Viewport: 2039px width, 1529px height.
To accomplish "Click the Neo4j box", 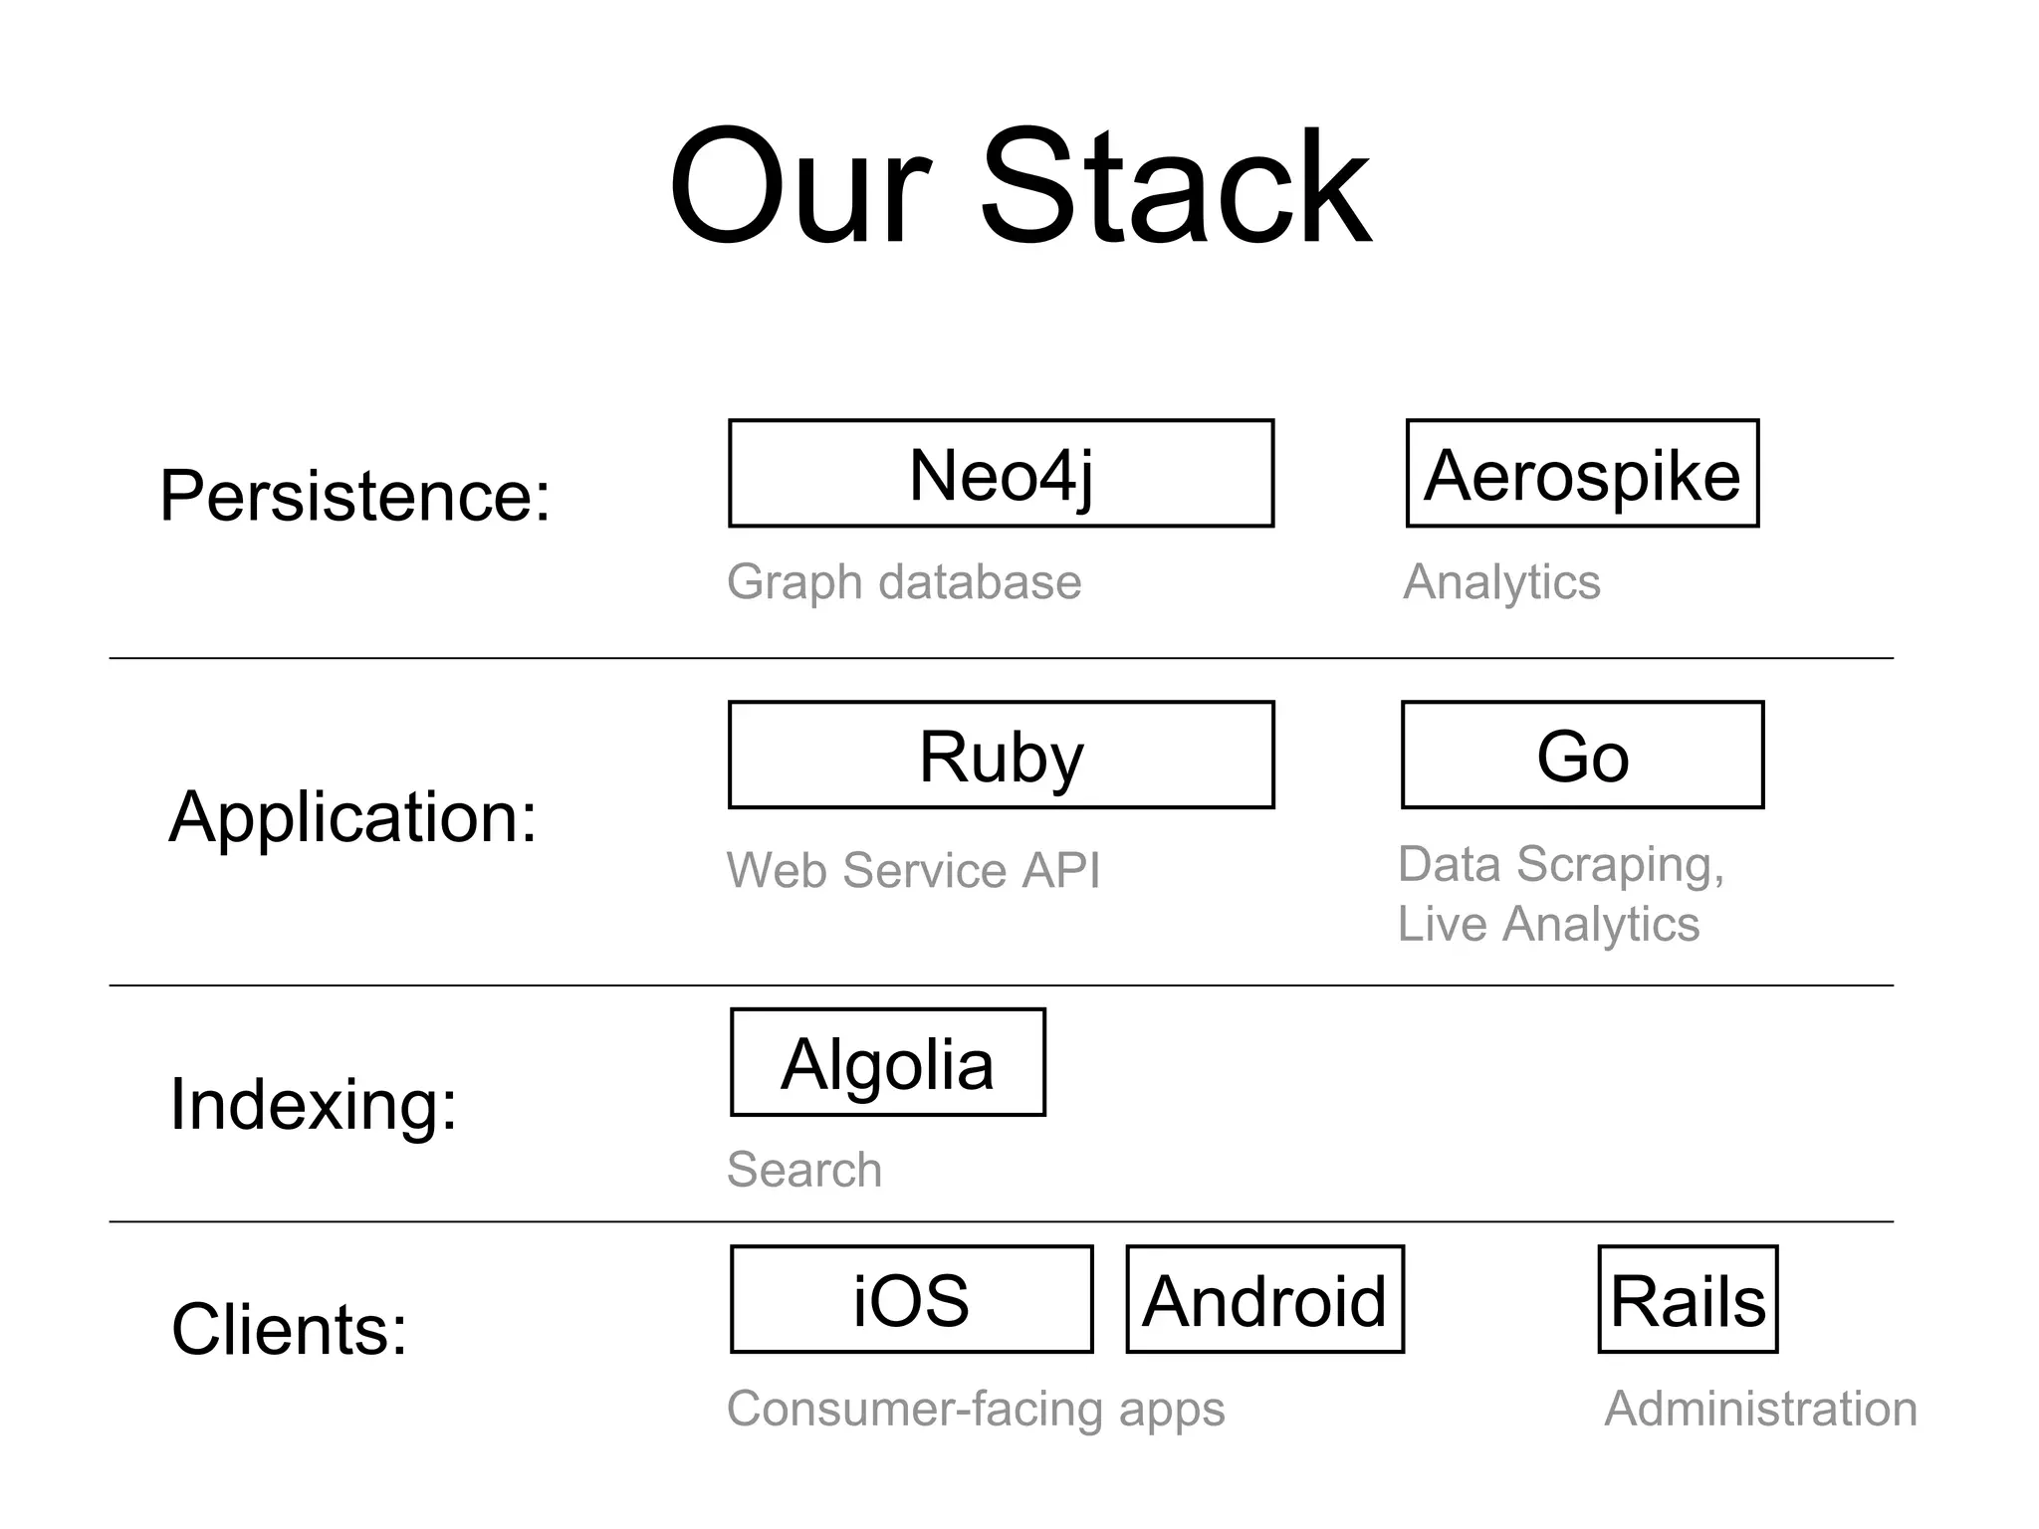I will coord(1001,474).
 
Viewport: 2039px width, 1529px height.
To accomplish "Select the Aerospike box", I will coord(1582,474).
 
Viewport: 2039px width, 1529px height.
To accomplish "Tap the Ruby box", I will coord(1001,756).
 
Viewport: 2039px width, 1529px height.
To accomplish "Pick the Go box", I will coord(1582,756).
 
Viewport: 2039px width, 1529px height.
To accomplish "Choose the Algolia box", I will coord(887,1063).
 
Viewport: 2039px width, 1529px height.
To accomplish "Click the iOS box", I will coord(911,1300).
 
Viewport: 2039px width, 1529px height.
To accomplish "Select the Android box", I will coord(1264,1300).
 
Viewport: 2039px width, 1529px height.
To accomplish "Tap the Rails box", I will coord(1688,1300).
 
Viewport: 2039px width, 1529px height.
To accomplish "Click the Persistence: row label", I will coord(355,495).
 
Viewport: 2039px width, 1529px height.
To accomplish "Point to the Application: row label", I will coord(353,816).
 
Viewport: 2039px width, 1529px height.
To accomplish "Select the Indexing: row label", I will coord(314,1104).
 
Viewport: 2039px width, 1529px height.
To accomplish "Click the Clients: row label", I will coord(290,1329).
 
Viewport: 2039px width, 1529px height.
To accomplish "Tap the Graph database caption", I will coord(904,581).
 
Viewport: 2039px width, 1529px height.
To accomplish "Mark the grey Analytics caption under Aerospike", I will coord(1501,581).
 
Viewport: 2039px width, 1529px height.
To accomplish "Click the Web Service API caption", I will coord(913,870).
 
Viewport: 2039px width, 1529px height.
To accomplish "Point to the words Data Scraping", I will coord(1560,864).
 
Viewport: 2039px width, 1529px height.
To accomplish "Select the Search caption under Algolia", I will coord(804,1169).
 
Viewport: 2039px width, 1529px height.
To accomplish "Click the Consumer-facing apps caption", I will coord(976,1409).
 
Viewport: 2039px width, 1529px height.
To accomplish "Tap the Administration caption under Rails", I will coord(1760,1409).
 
